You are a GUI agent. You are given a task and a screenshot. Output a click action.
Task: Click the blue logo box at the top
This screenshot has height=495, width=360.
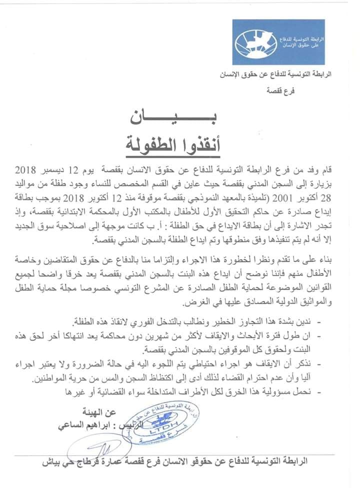coord(278,42)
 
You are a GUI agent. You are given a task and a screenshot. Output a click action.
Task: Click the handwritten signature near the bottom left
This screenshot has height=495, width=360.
coord(102,446)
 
